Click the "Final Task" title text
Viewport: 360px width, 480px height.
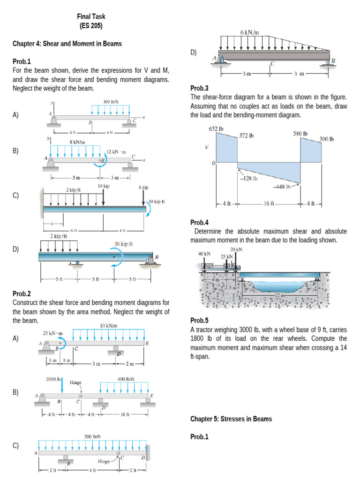91,16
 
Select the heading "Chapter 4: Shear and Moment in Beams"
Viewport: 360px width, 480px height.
67,44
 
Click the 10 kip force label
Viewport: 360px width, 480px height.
104,186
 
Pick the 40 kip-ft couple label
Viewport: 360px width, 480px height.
156,202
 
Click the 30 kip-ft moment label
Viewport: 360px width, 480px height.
124,244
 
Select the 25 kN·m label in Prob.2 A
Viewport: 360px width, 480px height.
53,333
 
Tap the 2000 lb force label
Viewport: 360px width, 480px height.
54,378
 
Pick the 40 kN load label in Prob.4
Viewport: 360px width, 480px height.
204,254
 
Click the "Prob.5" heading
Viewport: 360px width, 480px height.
200,321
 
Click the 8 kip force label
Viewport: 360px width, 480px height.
143,187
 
